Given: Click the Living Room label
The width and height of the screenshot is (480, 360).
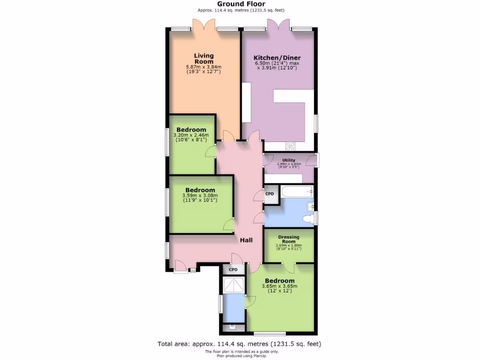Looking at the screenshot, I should pos(204,59).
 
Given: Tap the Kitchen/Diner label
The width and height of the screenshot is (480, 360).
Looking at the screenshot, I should pos(277,58).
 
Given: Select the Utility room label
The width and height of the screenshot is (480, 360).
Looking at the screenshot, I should pos(289,160).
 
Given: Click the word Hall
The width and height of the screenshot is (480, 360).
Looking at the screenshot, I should pos(247,240).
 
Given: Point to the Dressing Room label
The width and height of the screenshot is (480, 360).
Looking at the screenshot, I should pos(288,239).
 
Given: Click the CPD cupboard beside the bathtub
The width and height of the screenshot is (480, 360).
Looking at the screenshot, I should pos(270,194).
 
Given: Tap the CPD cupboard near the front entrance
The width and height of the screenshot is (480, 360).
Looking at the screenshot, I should pos(233,270).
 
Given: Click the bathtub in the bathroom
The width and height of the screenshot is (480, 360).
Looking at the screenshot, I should pos(296,191).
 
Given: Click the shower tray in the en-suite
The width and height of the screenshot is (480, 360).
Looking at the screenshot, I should pos(233,285).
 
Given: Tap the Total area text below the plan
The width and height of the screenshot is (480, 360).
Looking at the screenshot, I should pos(239,344).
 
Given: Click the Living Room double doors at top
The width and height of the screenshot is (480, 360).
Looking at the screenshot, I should pos(204,24).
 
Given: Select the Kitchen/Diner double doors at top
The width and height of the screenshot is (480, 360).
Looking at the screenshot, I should pos(278,24).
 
